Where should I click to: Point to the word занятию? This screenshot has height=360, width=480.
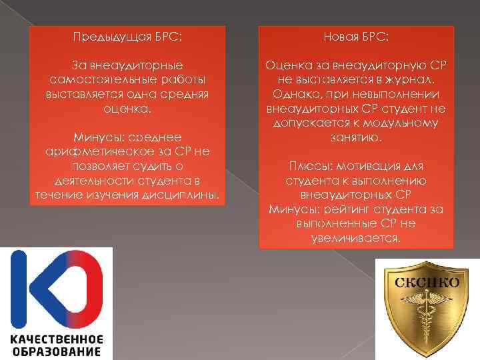pyautogui.click(x=356, y=137)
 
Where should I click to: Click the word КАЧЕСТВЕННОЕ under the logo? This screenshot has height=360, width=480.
pyautogui.click(x=56, y=338)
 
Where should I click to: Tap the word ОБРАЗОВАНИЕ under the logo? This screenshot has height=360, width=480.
pyautogui.click(x=56, y=351)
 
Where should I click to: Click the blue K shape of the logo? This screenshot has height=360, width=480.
pyautogui.click(x=37, y=287)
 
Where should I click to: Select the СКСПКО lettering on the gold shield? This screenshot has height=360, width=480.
pyautogui.click(x=427, y=281)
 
